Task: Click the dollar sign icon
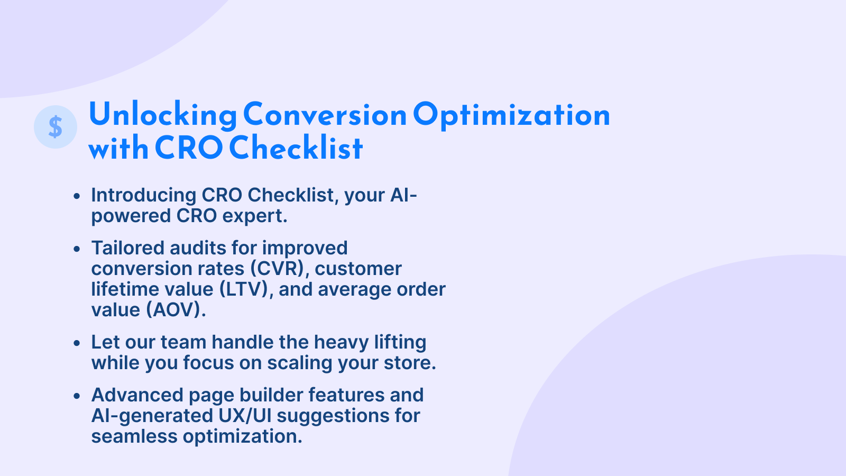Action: tap(56, 127)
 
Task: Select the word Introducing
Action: tap(144, 196)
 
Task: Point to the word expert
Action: tap(255, 216)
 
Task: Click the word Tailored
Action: tap(127, 248)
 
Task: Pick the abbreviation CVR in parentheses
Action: tap(278, 269)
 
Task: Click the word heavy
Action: tap(342, 343)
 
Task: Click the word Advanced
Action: tap(137, 395)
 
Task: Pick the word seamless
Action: tap(134, 437)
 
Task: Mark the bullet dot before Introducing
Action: tap(77, 196)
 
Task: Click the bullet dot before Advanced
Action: tap(77, 396)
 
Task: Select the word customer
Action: tap(358, 269)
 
